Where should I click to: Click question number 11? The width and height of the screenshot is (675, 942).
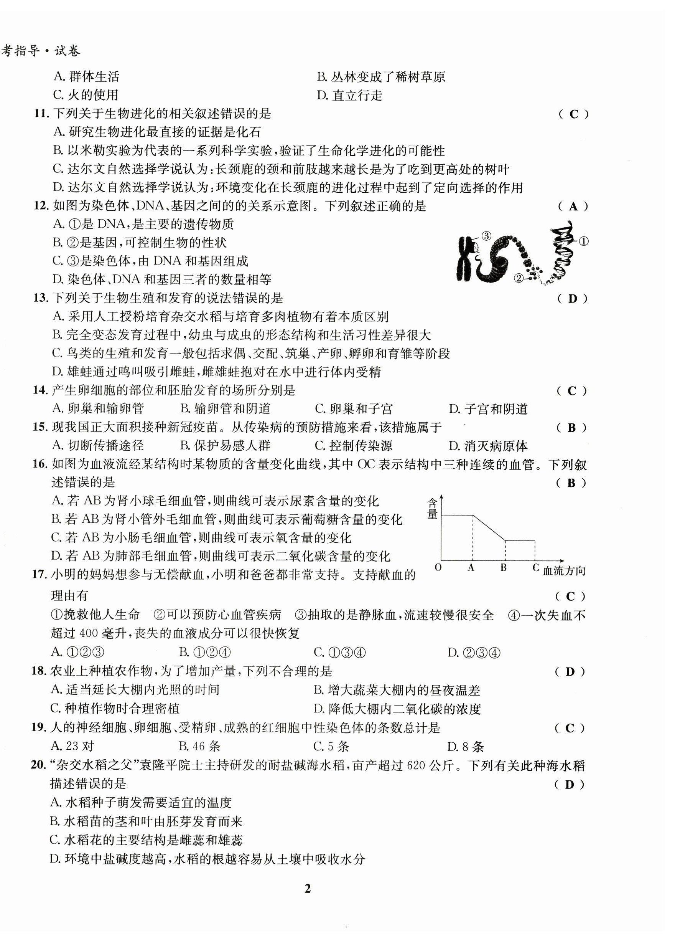pos(41,113)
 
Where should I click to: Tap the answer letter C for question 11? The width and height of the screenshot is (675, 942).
pos(573,115)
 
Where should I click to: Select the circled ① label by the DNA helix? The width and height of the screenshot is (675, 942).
pos(583,241)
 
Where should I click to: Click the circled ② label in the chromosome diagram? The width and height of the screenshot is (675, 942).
pos(519,278)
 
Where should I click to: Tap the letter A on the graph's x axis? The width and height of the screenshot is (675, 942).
pos(471,568)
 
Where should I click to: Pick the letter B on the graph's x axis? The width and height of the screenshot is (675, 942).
pos(503,568)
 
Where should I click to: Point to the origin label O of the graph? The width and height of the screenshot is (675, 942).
pos(438,568)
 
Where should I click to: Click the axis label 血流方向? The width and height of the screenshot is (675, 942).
pos(564,571)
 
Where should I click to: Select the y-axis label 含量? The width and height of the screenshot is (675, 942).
pos(432,509)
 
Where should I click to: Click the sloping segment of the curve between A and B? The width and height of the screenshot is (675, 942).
pos(489,528)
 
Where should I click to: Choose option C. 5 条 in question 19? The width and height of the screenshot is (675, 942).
pos(331,747)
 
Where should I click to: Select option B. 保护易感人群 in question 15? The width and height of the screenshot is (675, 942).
pos(225,446)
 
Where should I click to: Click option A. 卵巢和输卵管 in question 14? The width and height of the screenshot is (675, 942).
pos(98,409)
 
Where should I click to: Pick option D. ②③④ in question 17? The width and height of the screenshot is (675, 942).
pos(474,653)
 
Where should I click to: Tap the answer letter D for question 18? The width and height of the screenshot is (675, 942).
pos(570,672)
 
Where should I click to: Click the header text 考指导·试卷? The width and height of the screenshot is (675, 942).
pos(41,51)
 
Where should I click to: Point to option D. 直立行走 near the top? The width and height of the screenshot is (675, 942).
pos(349,96)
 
